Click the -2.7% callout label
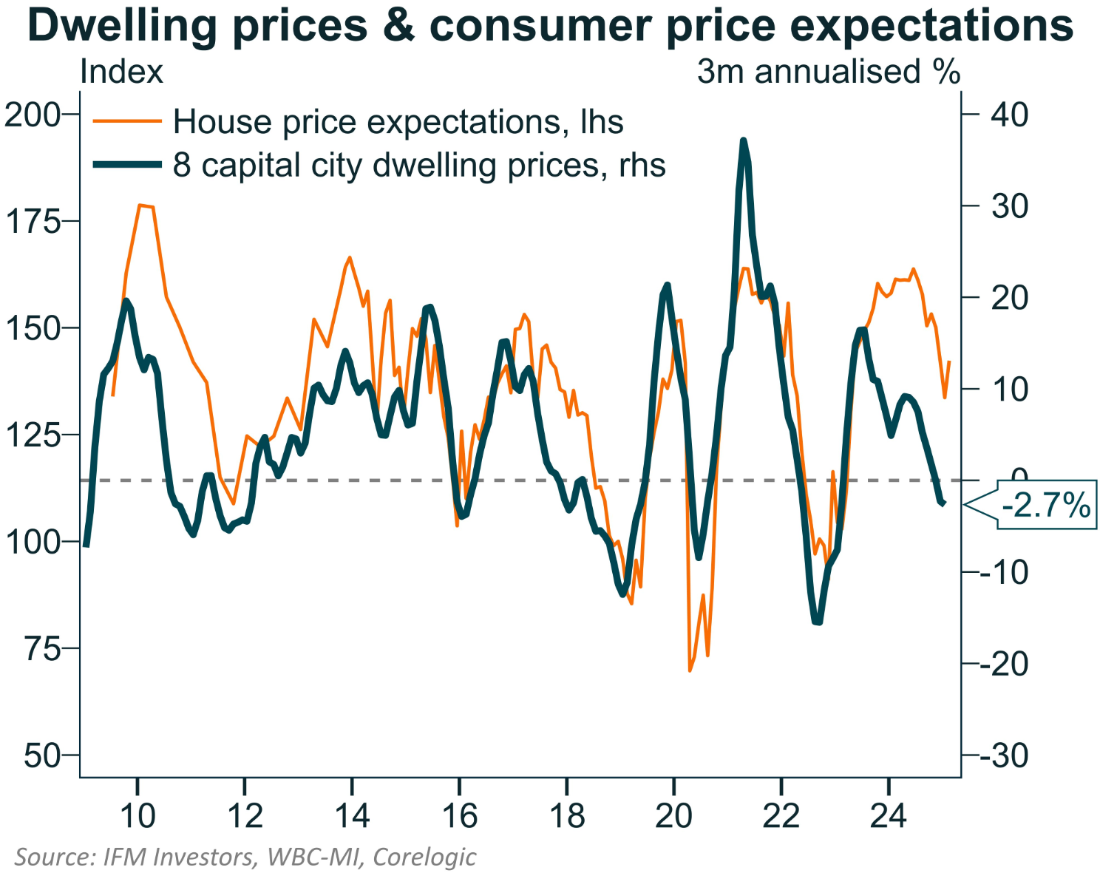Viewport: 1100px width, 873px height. pos(1045,506)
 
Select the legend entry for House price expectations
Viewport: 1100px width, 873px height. pos(398,122)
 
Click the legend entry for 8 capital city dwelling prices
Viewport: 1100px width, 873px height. pos(418,165)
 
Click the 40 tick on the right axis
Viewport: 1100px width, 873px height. pos(1010,115)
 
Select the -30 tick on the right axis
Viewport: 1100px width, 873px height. pos(1004,755)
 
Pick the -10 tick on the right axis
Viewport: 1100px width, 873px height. pos(1004,572)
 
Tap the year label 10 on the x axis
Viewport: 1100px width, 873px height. pos(137,815)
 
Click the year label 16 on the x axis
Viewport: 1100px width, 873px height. pos(459,815)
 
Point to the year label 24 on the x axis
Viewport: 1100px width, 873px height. pos(888,815)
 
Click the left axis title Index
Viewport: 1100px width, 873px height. pos(121,72)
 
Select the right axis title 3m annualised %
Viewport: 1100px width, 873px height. pos(828,72)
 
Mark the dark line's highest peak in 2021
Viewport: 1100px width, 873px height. pos(743,140)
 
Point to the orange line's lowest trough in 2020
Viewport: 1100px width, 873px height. pos(690,670)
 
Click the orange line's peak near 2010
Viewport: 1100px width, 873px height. pos(140,205)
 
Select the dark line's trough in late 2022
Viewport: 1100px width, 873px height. pos(817,622)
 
